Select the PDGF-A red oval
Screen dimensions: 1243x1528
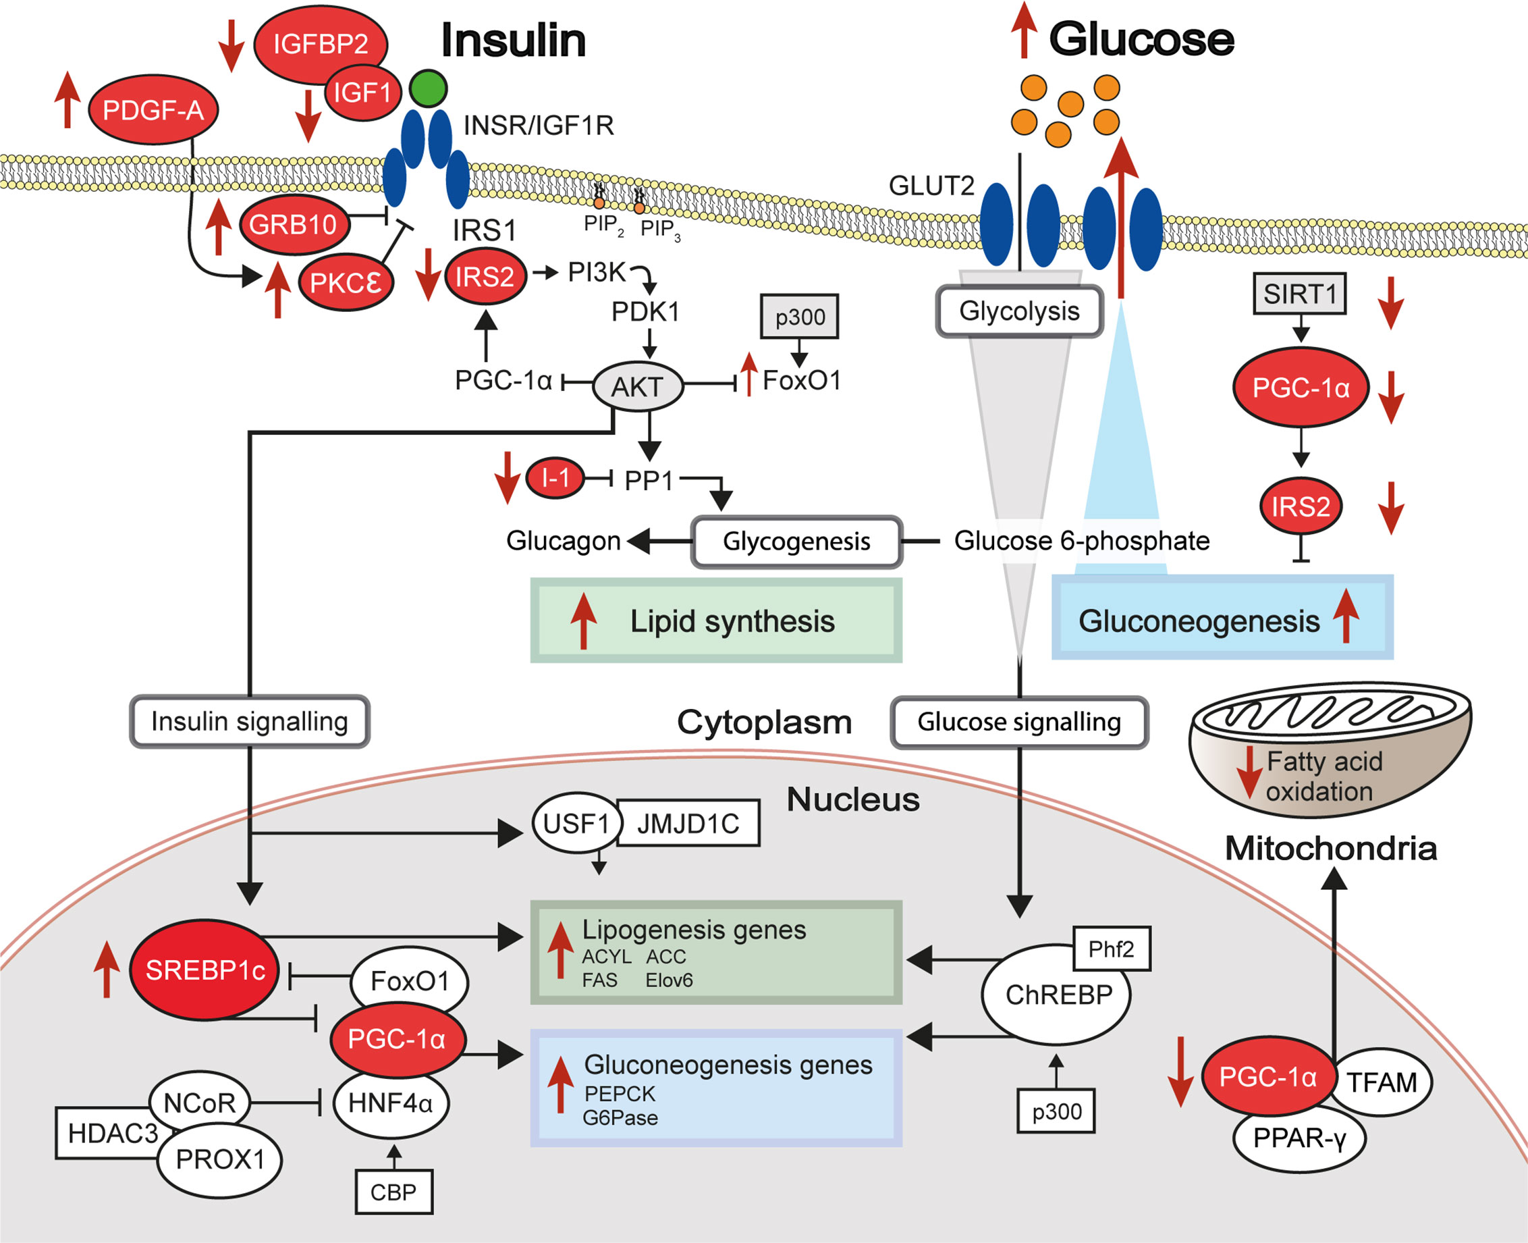click(153, 110)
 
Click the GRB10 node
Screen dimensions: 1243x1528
click(293, 225)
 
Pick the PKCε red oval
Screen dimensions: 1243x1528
click(346, 283)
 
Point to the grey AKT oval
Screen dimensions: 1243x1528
click(637, 387)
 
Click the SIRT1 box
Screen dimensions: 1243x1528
click(1299, 294)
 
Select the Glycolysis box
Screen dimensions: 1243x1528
click(1019, 311)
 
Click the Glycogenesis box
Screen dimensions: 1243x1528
click(796, 541)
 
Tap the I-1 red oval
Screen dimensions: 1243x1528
click(555, 477)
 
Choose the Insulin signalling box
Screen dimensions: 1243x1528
click(249, 722)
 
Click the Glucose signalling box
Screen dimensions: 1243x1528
click(1019, 722)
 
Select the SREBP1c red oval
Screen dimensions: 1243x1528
click(204, 970)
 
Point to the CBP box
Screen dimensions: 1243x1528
click(393, 1192)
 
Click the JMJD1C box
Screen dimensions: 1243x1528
click(688, 824)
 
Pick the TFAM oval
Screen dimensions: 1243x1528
click(1382, 1082)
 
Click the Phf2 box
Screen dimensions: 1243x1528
click(1111, 949)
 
